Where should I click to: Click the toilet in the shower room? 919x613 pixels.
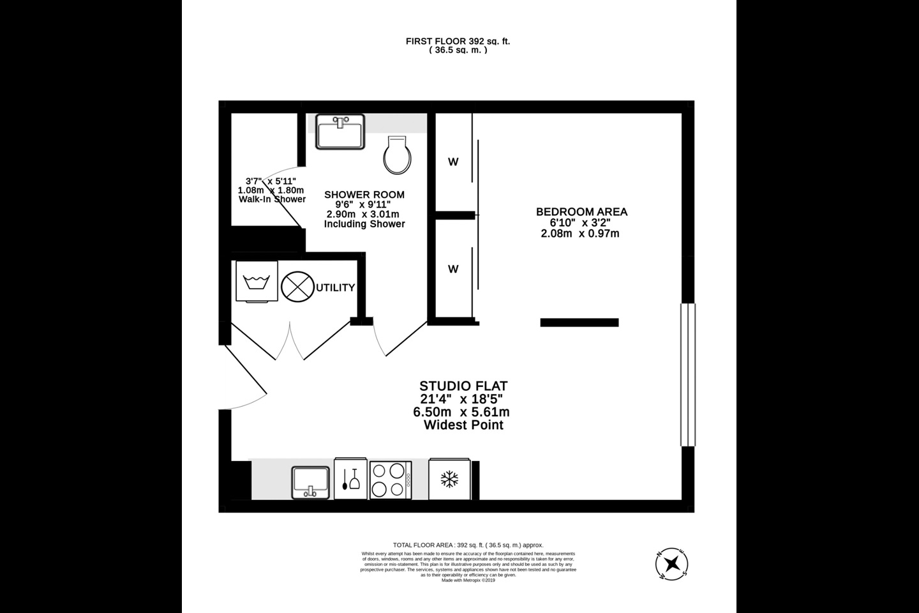[x=398, y=155]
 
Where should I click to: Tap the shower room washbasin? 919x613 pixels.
[x=341, y=132]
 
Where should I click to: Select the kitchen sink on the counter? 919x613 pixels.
[x=311, y=482]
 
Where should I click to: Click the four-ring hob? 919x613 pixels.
[x=390, y=480]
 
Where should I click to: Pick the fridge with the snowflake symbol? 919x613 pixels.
[x=450, y=479]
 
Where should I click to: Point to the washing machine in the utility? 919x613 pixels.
[x=257, y=280]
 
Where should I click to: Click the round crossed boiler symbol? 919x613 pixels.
[x=297, y=286]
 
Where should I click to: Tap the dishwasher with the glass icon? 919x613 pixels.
[x=350, y=479]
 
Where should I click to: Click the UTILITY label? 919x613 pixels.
[x=335, y=288]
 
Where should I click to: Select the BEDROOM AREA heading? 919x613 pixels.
[x=581, y=212]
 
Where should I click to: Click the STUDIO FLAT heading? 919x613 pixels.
[x=463, y=386]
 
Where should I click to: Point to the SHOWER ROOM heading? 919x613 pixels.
[x=364, y=195]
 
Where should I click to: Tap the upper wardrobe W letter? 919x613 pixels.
[x=453, y=162]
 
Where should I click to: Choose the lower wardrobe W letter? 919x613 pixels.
[x=453, y=269]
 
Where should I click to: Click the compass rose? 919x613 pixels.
[x=672, y=564]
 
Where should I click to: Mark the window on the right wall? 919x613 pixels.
[x=687, y=374]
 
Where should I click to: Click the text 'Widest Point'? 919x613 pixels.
[x=463, y=425]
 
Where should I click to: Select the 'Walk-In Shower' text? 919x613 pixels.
[x=272, y=199]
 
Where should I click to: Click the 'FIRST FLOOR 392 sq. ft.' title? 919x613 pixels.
[x=458, y=41]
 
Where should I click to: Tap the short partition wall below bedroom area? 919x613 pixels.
[x=579, y=322]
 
